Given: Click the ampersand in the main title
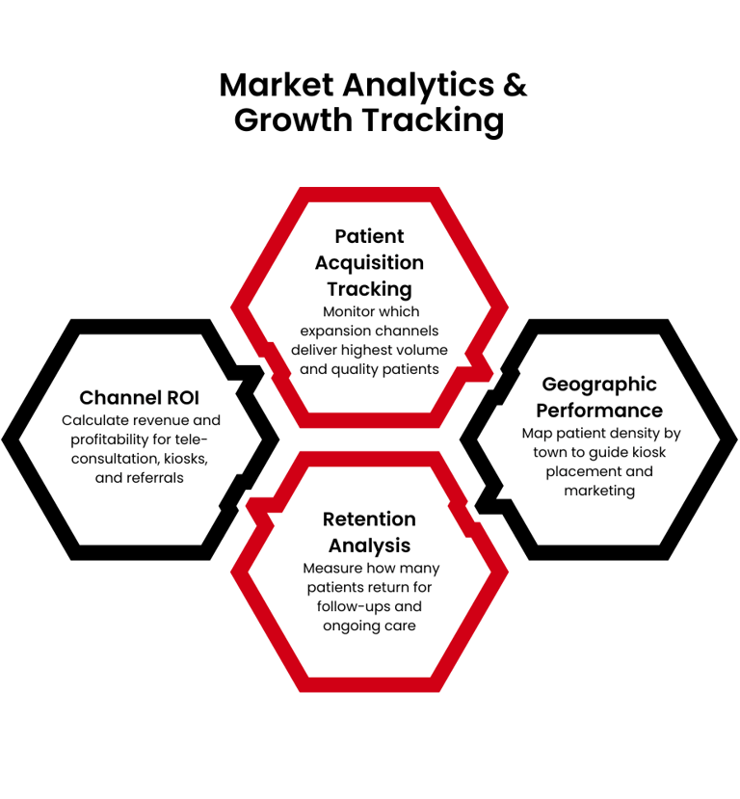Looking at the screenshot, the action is point(515,86).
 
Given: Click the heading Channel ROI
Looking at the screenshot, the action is point(139,397).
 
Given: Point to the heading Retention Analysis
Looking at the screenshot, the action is point(369,533).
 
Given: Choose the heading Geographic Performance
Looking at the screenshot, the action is point(599,397).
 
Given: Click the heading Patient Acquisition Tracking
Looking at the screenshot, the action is point(369,262).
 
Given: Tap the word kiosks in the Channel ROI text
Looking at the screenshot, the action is point(183,458).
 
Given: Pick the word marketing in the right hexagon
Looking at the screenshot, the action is point(599,491).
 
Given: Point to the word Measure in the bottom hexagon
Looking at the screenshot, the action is point(330,568).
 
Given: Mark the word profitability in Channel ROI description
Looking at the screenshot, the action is point(106,439).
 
